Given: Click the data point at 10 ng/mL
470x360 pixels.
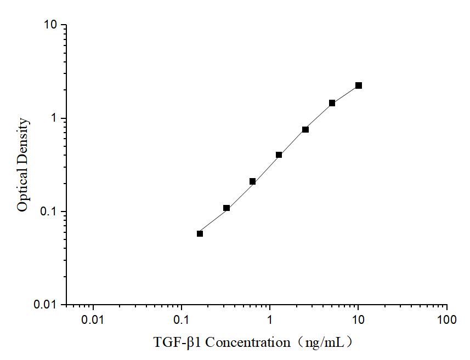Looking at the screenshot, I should [x=359, y=85].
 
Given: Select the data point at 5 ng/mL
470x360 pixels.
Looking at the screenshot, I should [x=332, y=103].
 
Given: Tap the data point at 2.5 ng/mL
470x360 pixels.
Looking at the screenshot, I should [x=305, y=129].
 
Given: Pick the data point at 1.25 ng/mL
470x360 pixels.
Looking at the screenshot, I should [x=279, y=155].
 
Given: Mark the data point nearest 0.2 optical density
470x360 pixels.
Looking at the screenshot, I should [x=253, y=181].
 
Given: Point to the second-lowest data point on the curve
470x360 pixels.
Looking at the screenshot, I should [x=226, y=208].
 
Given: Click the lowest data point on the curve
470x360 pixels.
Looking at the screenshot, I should [x=200, y=233].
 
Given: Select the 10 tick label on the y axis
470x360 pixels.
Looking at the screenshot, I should [x=50, y=25].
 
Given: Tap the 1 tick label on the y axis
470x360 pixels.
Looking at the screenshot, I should [x=54, y=118].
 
